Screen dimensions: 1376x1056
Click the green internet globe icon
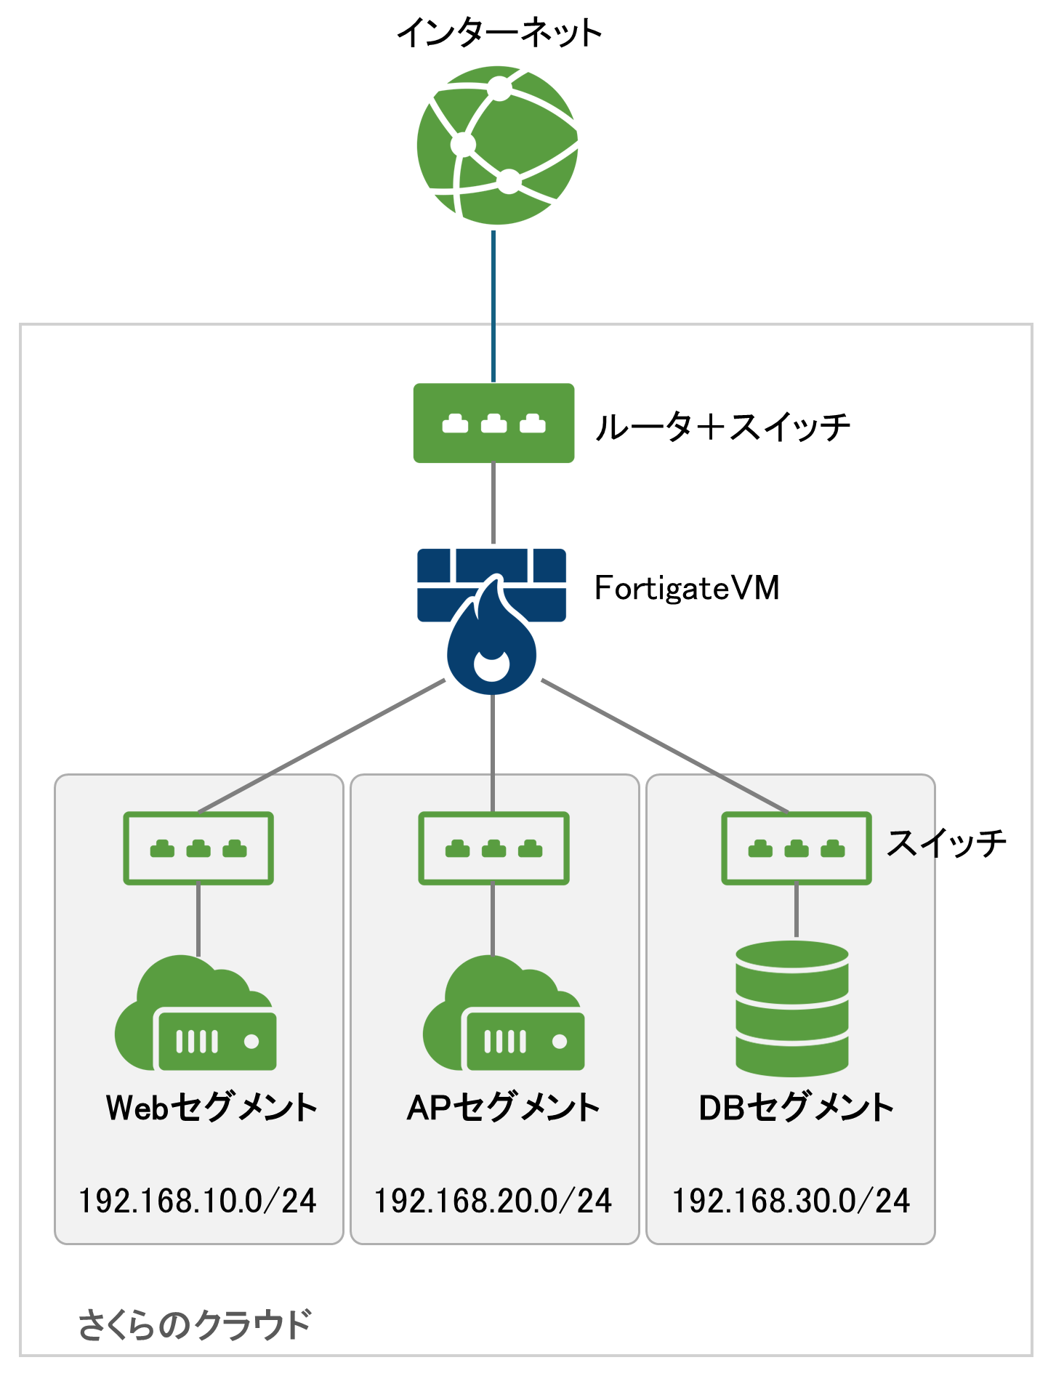tap(498, 145)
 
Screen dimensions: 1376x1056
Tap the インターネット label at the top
tap(499, 33)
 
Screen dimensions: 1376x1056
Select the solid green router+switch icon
tap(493, 423)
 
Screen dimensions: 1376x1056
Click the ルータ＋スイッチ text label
tap(722, 427)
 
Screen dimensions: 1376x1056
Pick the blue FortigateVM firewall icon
tap(492, 618)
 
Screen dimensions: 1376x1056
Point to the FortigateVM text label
tap(687, 588)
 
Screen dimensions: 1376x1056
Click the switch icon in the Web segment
tap(198, 848)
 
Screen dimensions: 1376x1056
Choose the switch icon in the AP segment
tap(493, 848)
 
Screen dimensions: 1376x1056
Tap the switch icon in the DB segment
tap(796, 848)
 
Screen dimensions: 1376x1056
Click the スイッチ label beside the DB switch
tap(946, 843)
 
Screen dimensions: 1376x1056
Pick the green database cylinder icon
tap(792, 1008)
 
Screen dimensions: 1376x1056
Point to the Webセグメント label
tap(211, 1108)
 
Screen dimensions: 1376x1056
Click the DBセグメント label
tap(796, 1108)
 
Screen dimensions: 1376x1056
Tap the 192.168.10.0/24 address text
tap(198, 1201)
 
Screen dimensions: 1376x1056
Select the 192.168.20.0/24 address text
tap(493, 1201)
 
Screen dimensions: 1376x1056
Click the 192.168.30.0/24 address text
tap(791, 1201)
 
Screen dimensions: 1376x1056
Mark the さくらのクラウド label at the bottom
tap(195, 1324)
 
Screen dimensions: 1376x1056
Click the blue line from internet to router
tap(493, 305)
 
